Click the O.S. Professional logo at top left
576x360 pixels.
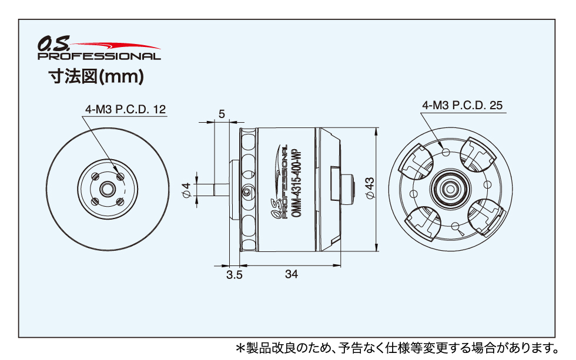tap(99, 49)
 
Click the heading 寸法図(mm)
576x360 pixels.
tap(96, 77)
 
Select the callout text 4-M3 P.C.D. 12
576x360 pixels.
tap(126, 109)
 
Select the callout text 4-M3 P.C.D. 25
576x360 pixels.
tap(462, 105)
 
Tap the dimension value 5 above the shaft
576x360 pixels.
tap(222, 114)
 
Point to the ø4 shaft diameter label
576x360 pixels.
tap(187, 190)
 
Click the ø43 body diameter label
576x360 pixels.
tap(370, 188)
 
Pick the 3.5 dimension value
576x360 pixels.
tap(235, 274)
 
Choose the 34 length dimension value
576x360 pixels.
tap(292, 274)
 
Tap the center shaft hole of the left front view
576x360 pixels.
tap(107, 190)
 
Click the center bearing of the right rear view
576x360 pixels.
tap(450, 189)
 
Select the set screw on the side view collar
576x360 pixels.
tap(246, 190)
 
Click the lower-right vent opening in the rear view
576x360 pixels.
tap(485, 218)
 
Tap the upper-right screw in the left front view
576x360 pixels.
tap(120, 177)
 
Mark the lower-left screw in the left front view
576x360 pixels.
tap(95, 201)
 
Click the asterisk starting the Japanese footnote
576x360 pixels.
tap(240, 348)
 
